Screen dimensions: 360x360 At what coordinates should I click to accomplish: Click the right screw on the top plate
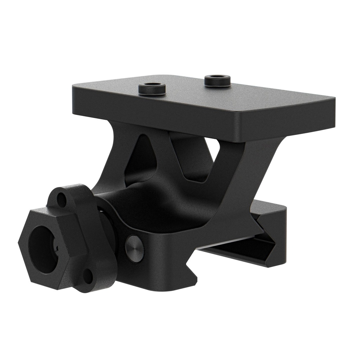pos(217,81)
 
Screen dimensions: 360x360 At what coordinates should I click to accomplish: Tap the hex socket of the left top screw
pos(152,86)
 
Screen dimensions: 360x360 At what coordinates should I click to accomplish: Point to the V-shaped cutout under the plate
pos(192,158)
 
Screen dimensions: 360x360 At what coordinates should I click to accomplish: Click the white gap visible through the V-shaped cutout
pos(213,146)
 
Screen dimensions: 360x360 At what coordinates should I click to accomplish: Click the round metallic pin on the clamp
pos(134,248)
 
